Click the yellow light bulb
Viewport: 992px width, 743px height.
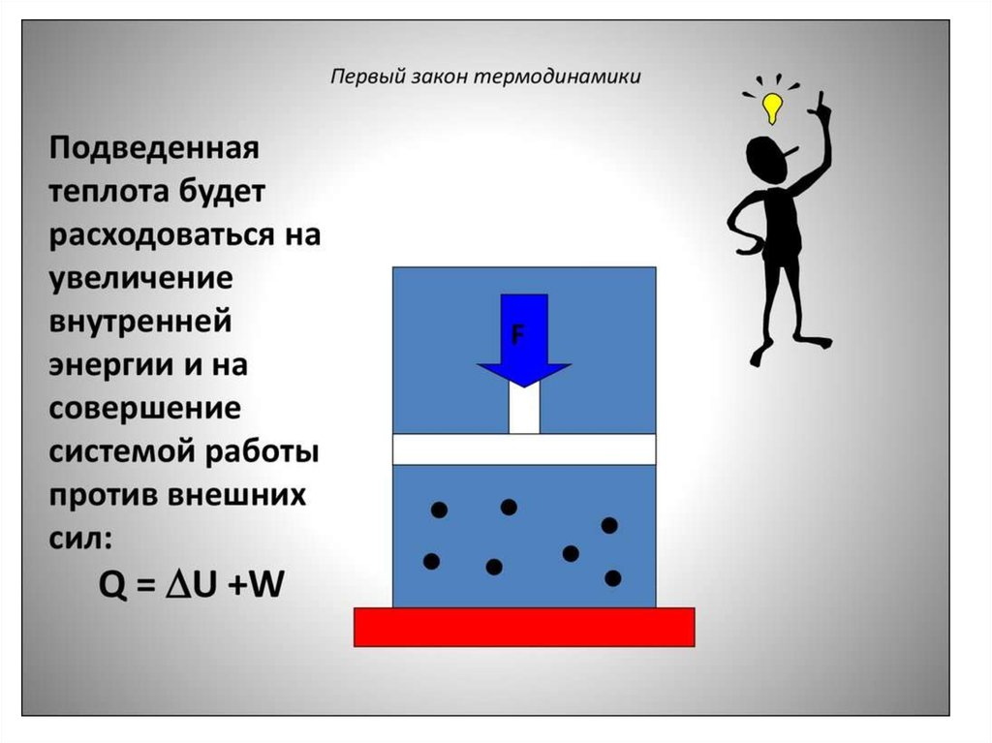771,107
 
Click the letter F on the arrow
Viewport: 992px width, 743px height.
517,335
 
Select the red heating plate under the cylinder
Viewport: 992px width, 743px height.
524,626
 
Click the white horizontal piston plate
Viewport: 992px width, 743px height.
524,449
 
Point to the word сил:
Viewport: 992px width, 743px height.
81,537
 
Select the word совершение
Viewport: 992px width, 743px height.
144,409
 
